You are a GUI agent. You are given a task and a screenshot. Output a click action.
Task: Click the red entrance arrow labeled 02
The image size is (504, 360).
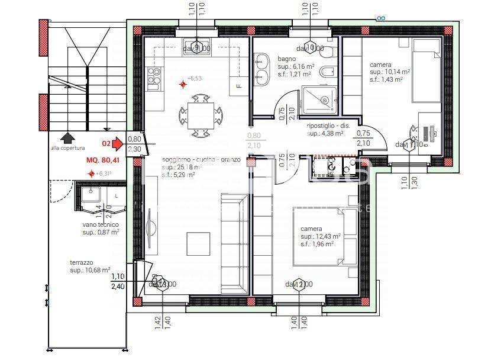117,143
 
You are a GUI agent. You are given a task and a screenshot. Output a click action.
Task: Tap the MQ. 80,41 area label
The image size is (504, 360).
103,160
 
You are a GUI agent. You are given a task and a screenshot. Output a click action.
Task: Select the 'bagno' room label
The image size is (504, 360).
287,59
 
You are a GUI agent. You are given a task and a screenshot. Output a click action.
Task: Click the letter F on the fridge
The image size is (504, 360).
239,86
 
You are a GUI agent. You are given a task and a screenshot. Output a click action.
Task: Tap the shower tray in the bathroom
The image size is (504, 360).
319,99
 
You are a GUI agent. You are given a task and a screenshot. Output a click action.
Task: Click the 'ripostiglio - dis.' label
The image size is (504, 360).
328,126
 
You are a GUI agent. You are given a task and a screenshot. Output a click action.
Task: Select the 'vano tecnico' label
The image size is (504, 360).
101,224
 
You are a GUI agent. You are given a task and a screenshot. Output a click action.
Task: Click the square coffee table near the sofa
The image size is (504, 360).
198,243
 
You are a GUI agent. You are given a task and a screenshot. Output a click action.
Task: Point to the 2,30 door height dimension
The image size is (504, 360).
134,149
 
